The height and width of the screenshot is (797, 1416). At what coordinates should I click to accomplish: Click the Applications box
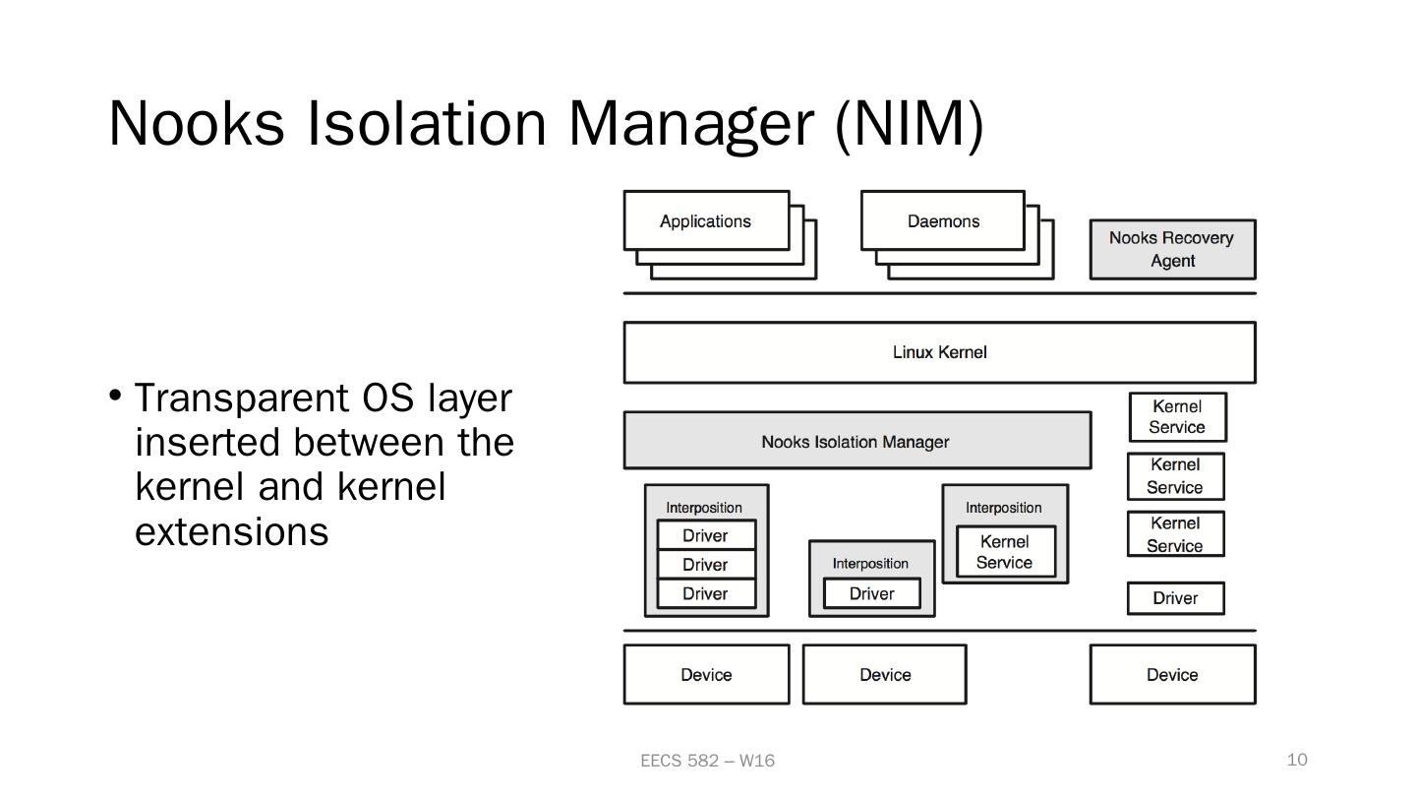pyautogui.click(x=706, y=221)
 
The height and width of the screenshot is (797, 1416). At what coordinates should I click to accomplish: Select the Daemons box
pyautogui.click(x=943, y=221)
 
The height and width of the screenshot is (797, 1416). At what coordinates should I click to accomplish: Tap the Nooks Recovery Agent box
pyautogui.click(x=1172, y=250)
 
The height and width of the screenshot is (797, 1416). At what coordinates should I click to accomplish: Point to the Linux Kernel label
pyautogui.click(x=939, y=352)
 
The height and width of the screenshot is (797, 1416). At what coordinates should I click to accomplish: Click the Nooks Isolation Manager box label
pyautogui.click(x=855, y=442)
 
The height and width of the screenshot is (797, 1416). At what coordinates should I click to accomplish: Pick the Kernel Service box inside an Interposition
pyautogui.click(x=1005, y=552)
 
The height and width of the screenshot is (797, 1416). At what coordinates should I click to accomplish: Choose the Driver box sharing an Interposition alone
pyautogui.click(x=872, y=593)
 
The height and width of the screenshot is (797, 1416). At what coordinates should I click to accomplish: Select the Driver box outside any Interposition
pyautogui.click(x=1175, y=598)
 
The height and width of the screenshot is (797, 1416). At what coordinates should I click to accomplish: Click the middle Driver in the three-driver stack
pyautogui.click(x=705, y=565)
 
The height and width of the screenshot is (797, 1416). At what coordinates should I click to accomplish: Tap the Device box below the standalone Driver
pyautogui.click(x=1172, y=675)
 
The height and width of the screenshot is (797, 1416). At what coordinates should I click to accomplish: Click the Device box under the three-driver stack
pyautogui.click(x=706, y=675)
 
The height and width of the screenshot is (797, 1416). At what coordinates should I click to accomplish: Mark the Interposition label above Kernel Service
pyautogui.click(x=1003, y=508)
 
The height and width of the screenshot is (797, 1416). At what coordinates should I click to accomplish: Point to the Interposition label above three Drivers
pyautogui.click(x=704, y=508)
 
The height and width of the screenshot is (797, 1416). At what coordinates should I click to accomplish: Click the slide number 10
pyautogui.click(x=1297, y=760)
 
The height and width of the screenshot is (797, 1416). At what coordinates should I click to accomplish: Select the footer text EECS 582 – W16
pyautogui.click(x=707, y=761)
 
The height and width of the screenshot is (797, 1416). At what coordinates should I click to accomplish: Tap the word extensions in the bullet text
pyautogui.click(x=231, y=531)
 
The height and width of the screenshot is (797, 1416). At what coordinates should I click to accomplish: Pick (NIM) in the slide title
pyautogui.click(x=909, y=123)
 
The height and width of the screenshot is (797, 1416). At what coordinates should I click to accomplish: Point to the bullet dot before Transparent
pyautogui.click(x=115, y=396)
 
